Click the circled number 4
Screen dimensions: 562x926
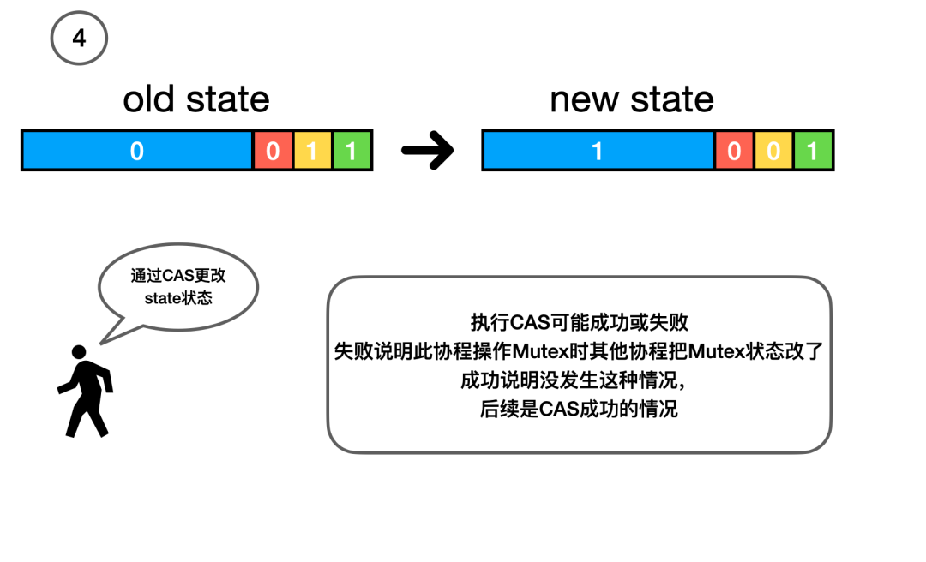tap(79, 38)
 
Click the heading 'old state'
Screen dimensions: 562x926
tap(196, 99)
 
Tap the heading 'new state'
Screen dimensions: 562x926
tap(632, 99)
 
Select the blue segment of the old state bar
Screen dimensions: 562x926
tap(137, 152)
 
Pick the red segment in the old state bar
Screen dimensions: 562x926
tap(273, 152)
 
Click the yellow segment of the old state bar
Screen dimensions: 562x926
tap(312, 152)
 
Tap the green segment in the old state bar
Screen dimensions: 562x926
tap(352, 152)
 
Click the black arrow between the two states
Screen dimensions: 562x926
tap(427, 152)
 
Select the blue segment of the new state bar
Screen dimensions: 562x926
tap(598, 152)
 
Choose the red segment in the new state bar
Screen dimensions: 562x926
tap(734, 152)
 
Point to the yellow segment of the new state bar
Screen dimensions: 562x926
tap(773, 152)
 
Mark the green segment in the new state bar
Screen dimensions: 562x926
tap(813, 152)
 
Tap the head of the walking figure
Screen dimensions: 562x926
tap(79, 352)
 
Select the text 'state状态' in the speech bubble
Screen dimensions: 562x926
tap(177, 298)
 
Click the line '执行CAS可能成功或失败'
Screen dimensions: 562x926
tap(580, 322)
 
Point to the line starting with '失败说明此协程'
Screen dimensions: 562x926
tap(580, 351)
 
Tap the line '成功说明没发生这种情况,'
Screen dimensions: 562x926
tap(580, 380)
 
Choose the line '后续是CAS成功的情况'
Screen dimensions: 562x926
tap(580, 409)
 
